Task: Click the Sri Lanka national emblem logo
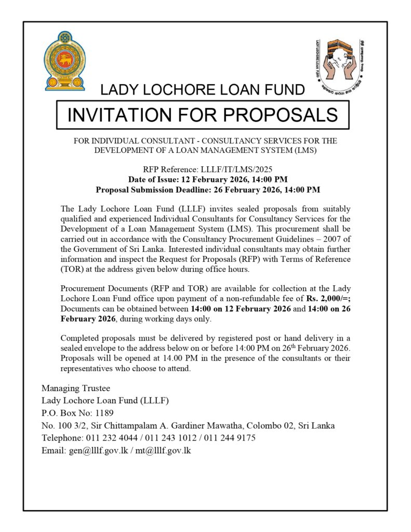point(65,61)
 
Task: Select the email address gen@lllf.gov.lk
point(98,450)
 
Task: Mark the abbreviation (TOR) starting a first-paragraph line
point(72,269)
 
